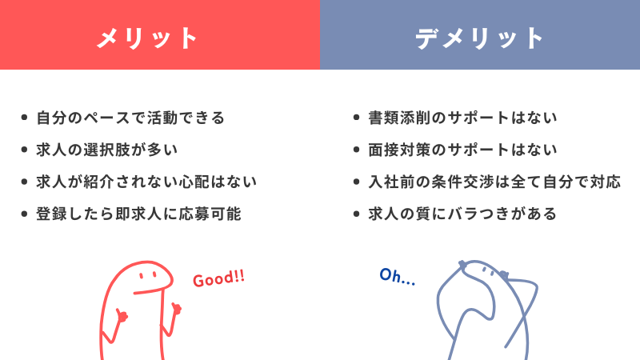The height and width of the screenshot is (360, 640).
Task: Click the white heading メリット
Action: coord(147,38)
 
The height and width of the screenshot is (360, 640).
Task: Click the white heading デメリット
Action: coord(479,38)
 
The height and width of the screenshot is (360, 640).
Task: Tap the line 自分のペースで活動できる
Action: coord(130,118)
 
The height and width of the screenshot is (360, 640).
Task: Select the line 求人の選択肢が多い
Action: coord(107,150)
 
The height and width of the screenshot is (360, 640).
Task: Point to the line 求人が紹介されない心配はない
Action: coord(146,182)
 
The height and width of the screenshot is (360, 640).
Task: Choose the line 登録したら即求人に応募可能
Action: coord(138,214)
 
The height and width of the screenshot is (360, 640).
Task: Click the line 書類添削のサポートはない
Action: coord(463,118)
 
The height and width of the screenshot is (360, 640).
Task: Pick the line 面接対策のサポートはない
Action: coord(463,150)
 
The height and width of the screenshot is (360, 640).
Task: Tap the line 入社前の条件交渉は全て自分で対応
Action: coord(494,182)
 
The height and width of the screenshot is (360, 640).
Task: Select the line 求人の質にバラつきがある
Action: coord(463,214)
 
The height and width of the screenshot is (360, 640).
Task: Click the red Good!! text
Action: coord(218,278)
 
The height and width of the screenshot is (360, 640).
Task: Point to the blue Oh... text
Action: coord(397,276)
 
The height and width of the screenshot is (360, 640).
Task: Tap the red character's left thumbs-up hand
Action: coord(122,315)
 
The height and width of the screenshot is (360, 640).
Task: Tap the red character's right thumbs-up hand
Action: coord(176,309)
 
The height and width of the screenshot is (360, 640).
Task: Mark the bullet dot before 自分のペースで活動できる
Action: coord(24,118)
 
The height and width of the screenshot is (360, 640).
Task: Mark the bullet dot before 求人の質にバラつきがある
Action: coord(356,214)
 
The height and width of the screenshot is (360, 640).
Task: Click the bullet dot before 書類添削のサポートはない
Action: coord(356,118)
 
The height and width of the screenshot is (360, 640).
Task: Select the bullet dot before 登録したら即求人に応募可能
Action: coord(24,214)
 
